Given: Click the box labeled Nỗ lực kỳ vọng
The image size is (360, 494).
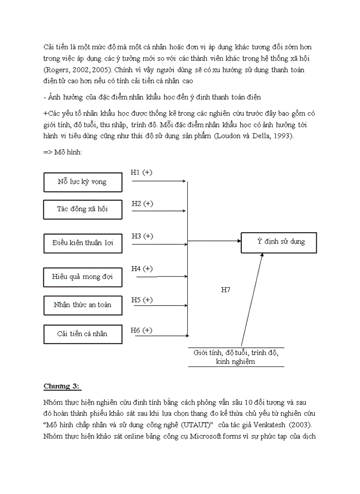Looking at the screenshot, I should click(82, 182).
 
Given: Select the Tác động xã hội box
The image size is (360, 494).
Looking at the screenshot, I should click(82, 209).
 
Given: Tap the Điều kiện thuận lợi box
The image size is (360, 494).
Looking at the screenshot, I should click(82, 243).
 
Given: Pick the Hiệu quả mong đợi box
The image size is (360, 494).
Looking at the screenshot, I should click(82, 277).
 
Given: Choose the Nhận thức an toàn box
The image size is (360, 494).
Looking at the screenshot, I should click(82, 305).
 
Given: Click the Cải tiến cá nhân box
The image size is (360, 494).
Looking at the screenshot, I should click(82, 333).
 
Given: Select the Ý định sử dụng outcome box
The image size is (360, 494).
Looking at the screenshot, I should click(279, 242).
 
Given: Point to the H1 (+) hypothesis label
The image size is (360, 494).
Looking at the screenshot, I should click(141, 172).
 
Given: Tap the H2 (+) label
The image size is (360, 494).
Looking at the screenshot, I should click(142, 203).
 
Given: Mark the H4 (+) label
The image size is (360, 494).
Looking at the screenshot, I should click(142, 269).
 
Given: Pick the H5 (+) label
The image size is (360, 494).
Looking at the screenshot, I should click(142, 299).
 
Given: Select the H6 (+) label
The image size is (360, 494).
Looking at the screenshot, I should click(142, 330).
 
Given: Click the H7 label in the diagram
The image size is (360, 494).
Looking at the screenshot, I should click(225, 290).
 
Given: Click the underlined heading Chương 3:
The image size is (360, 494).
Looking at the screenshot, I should click(62, 386).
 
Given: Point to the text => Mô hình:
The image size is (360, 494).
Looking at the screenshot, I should click(63, 152).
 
